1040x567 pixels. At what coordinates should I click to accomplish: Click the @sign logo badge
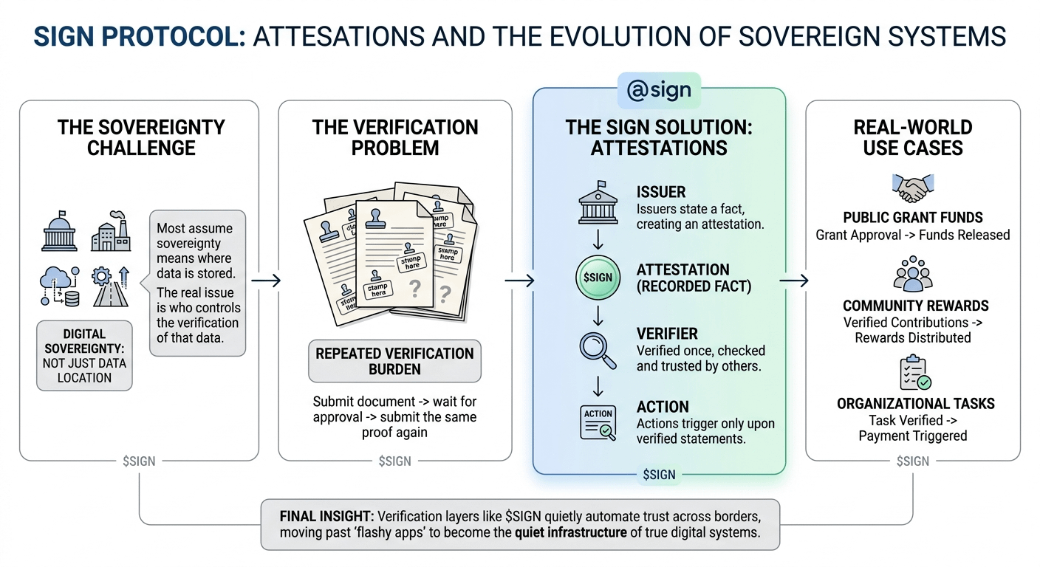659,90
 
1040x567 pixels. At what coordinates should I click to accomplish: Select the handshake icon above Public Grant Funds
913,188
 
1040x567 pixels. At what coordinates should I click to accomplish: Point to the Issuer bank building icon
598,203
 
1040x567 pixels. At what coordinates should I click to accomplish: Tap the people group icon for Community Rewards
913,275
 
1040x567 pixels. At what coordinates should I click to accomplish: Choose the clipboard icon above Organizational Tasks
914,373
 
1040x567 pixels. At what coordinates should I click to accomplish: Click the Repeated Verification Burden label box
394,361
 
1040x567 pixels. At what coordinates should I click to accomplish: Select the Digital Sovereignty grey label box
84,355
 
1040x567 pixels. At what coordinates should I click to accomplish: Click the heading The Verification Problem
394,137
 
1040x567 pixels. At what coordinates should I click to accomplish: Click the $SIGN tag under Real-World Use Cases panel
913,461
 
